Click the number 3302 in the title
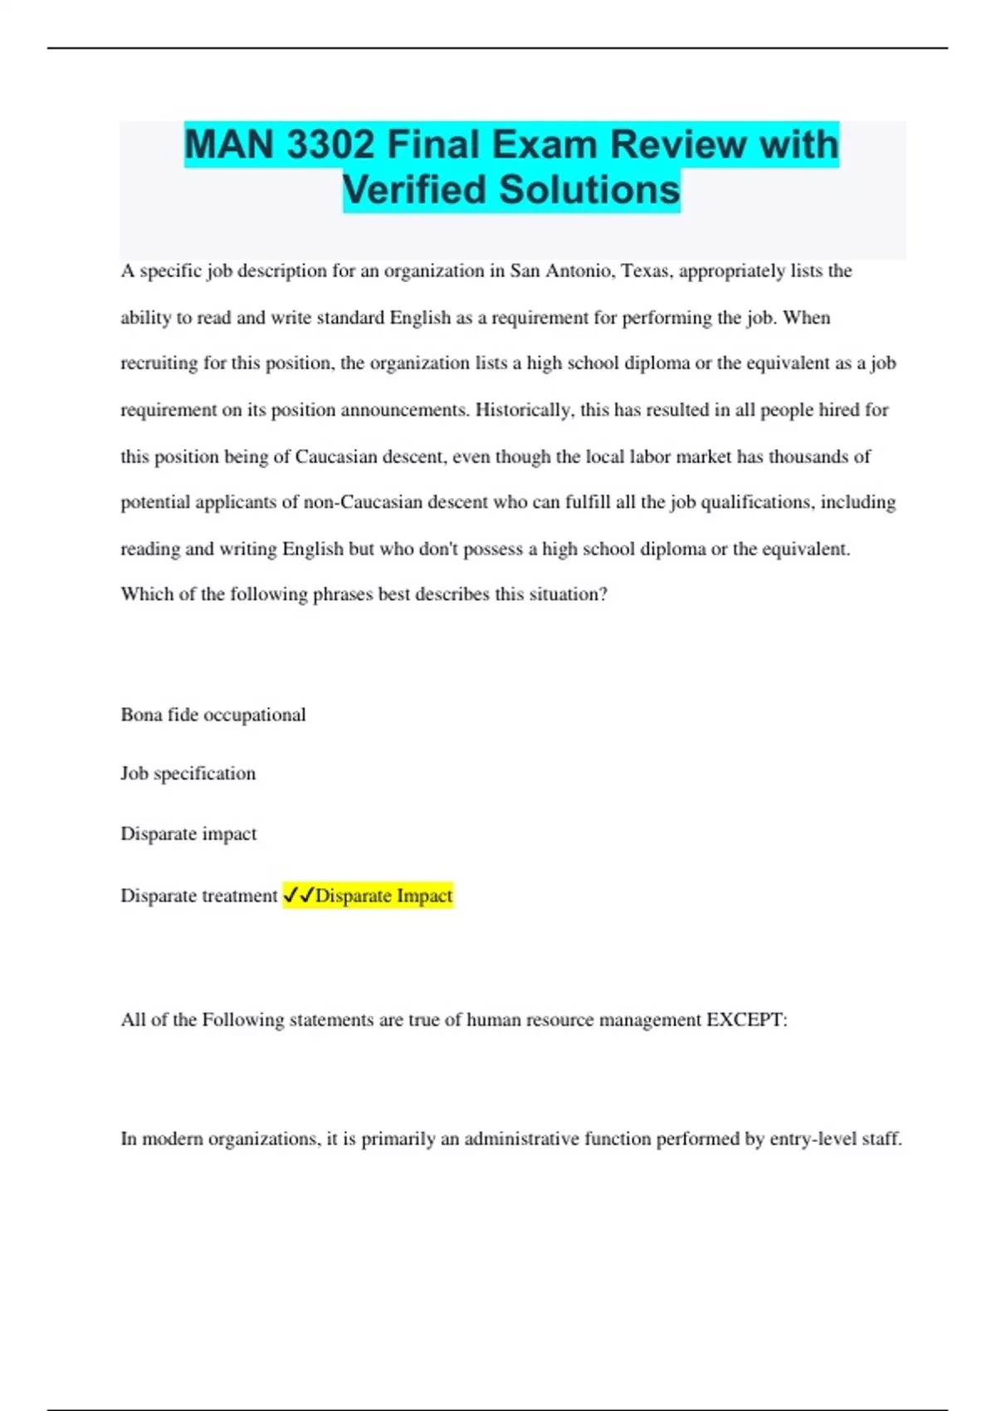(x=330, y=144)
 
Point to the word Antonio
(x=579, y=271)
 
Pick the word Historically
(x=524, y=410)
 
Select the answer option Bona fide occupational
(x=213, y=715)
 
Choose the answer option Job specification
(x=188, y=774)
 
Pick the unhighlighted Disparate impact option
(x=188, y=833)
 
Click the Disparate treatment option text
(x=199, y=896)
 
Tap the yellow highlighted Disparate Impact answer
(x=383, y=896)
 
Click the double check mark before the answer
(x=298, y=896)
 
